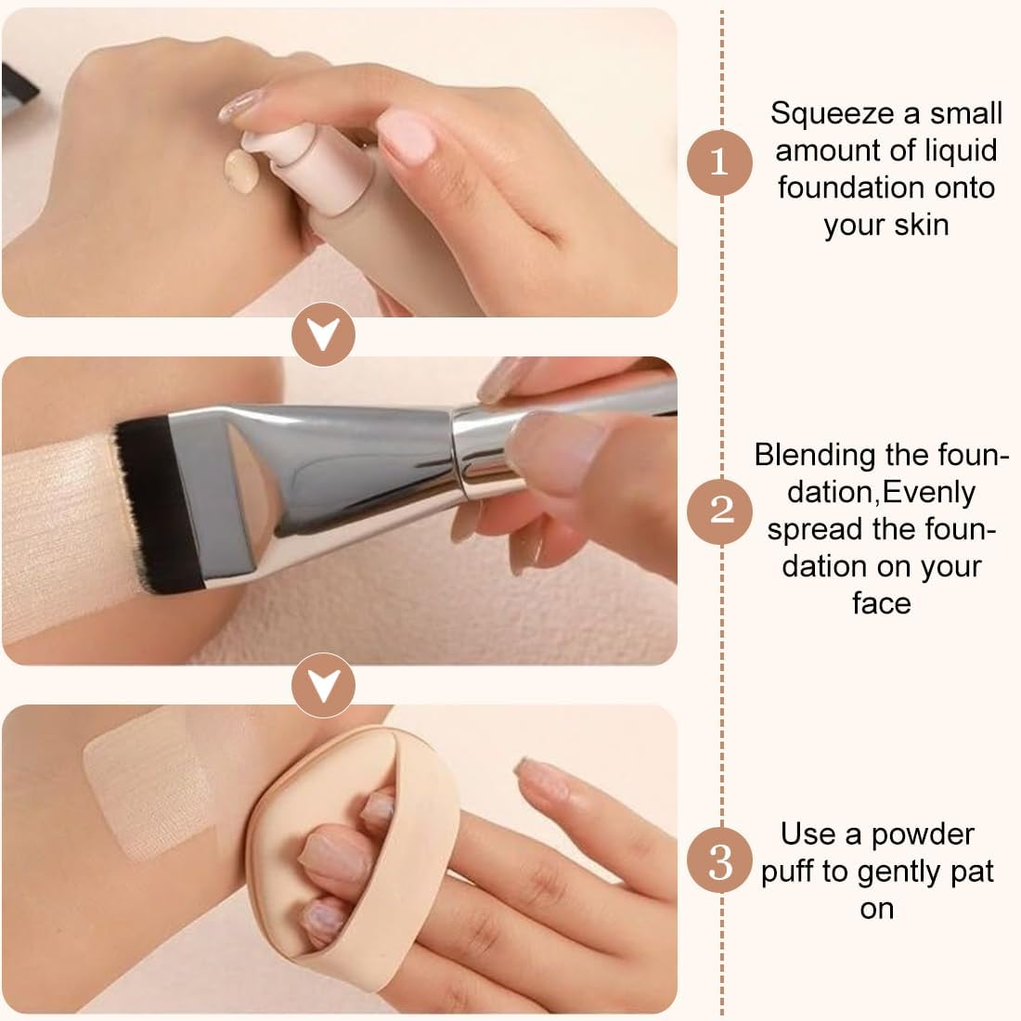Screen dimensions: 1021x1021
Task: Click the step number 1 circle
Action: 719,162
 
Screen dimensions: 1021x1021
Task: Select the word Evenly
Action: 928,493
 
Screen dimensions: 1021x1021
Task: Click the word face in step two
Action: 882,603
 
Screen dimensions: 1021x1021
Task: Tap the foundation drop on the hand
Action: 241,172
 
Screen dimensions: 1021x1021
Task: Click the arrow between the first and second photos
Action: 323,334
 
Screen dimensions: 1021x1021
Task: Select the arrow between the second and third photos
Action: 323,685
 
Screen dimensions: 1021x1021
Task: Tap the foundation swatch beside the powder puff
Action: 147,784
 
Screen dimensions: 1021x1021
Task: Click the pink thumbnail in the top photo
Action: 407,136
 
